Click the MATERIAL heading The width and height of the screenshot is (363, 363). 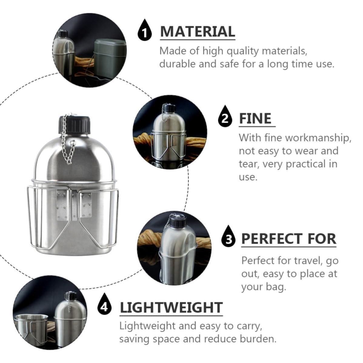198,32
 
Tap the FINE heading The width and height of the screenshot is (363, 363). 255,118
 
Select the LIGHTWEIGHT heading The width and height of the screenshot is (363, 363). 171,308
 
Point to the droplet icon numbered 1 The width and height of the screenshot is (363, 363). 145,30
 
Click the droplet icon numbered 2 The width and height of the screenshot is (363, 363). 225,116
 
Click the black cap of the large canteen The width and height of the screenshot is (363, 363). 74,125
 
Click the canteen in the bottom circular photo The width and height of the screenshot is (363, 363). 68,319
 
